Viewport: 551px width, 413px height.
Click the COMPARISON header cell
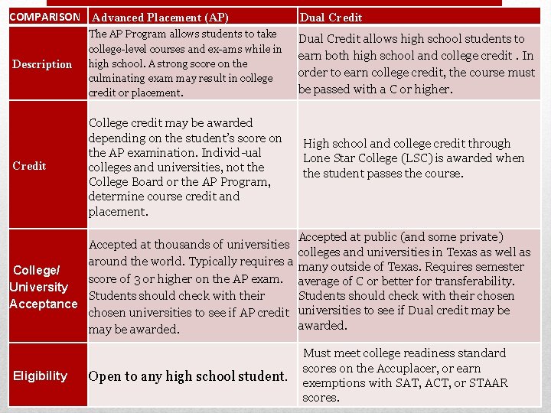(x=44, y=17)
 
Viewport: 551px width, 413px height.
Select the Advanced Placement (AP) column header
(x=158, y=18)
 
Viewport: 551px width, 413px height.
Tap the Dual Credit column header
(x=331, y=18)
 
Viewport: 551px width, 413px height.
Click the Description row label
(x=42, y=64)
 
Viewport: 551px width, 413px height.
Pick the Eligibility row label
(x=40, y=376)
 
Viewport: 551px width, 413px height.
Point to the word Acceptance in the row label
(x=43, y=304)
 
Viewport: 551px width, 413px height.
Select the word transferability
(x=472, y=281)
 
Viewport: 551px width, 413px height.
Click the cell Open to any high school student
(x=188, y=376)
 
